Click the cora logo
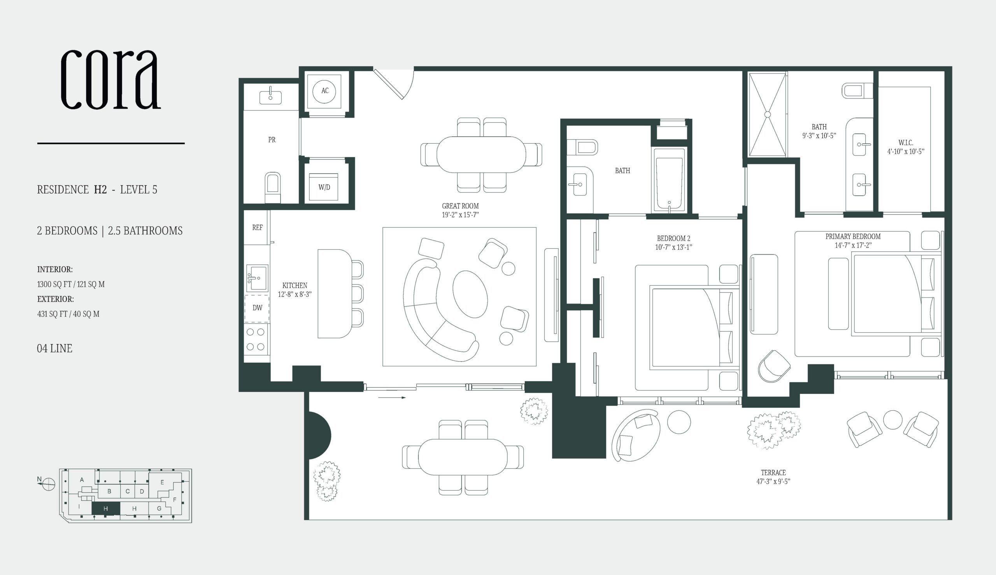[111, 79]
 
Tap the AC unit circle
[324, 91]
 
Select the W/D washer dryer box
[324, 187]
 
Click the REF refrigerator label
[257, 227]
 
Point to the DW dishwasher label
[257, 308]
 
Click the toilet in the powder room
[272, 188]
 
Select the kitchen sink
[257, 278]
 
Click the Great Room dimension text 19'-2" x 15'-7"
[460, 215]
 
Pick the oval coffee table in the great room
[470, 295]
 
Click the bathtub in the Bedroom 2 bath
[669, 180]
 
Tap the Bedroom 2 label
[673, 239]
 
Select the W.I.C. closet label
[906, 142]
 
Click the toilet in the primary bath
[857, 91]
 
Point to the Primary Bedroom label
[853, 236]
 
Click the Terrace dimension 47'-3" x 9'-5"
[773, 482]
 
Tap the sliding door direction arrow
[392, 398]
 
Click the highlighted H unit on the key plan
[106, 509]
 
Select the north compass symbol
[48, 484]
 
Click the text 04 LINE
[54, 348]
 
